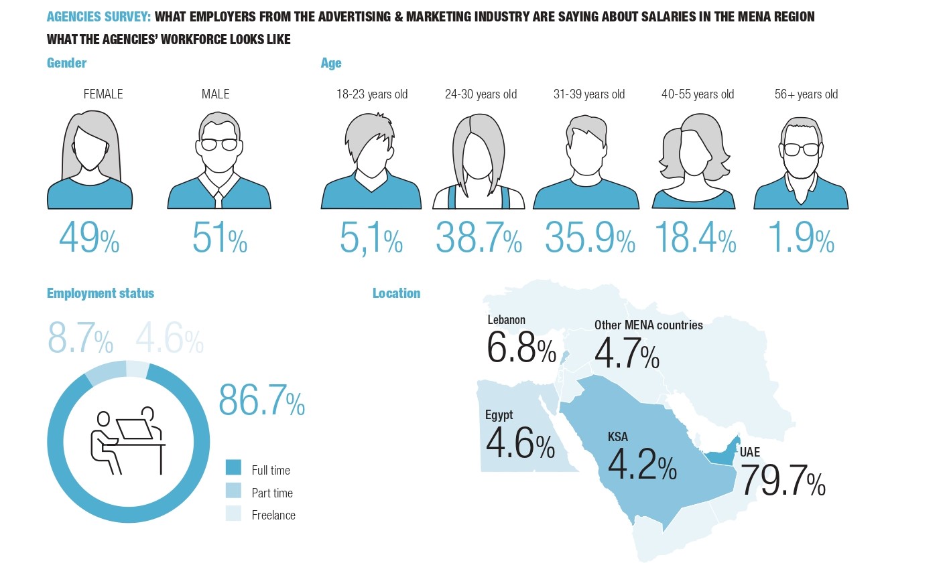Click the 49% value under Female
[89, 238]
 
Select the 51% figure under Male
[219, 238]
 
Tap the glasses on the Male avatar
[219, 145]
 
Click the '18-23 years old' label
[371, 94]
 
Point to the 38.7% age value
[479, 238]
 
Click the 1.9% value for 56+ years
[801, 238]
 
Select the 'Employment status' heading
[101, 293]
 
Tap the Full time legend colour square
[233, 467]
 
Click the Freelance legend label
[273, 515]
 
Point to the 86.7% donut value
[261, 400]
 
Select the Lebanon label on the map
[506, 320]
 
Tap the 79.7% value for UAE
[782, 481]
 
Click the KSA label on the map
[617, 437]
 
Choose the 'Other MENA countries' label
[648, 325]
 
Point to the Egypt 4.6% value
[519, 443]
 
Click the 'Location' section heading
[396, 293]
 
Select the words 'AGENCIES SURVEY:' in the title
[99, 17]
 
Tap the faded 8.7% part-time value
[80, 339]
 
